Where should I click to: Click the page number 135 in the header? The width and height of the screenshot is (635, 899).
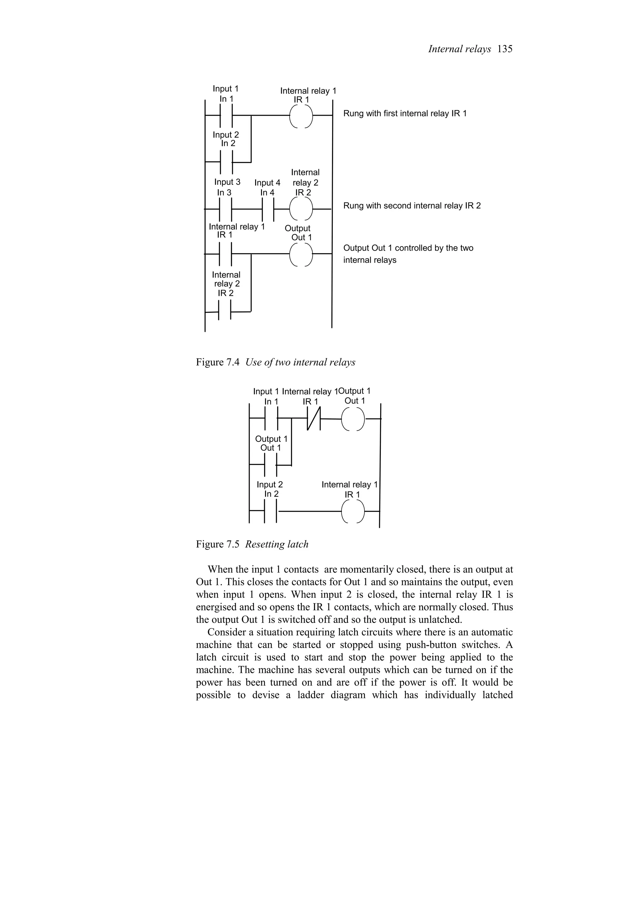pos(505,49)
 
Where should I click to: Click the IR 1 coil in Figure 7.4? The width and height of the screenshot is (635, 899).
pos(301,116)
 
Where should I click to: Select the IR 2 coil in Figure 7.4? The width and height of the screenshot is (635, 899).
pos(301,209)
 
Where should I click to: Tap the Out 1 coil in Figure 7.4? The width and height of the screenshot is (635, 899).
pos(301,254)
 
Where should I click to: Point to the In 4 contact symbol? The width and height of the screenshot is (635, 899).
pos(268,209)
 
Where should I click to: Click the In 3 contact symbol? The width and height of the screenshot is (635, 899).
pos(226,209)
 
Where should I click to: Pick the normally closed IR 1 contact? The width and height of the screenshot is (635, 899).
pos(314,418)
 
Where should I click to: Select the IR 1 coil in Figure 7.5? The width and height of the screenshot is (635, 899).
pos(353,511)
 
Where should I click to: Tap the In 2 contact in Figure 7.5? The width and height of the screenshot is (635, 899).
pos(271,511)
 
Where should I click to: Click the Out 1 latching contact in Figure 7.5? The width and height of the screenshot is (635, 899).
pos(271,465)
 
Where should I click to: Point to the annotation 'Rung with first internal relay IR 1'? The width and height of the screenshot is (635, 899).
pos(405,114)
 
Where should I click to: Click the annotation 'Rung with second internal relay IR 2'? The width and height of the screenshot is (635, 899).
pos(411,206)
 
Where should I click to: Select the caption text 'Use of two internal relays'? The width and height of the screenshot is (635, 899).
pos(300,363)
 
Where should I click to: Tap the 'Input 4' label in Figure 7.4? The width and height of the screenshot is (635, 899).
pos(267,183)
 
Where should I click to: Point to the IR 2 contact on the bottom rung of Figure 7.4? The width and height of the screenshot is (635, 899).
pos(225,312)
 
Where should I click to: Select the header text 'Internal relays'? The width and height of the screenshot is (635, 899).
pos(459,49)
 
